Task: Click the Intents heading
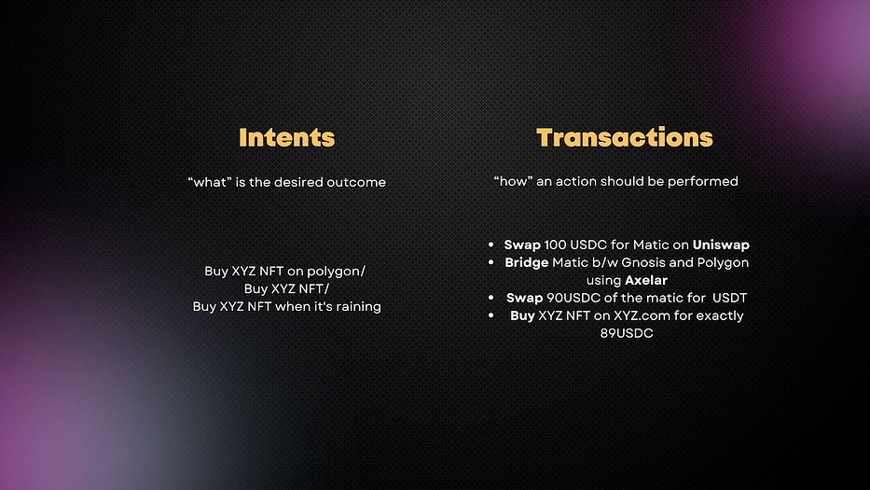(x=287, y=138)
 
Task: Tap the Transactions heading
(x=624, y=138)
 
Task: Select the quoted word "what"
(x=210, y=182)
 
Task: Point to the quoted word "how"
(x=513, y=181)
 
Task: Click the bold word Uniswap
(x=721, y=245)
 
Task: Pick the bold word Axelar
(x=646, y=280)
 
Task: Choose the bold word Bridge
(x=527, y=263)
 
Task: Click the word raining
(x=358, y=307)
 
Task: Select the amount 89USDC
(x=627, y=333)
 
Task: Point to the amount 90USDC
(x=573, y=298)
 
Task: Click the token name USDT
(x=729, y=298)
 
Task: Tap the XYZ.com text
(x=641, y=315)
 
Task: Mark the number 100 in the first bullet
(x=555, y=245)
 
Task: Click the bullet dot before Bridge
(x=491, y=262)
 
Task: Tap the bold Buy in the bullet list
(x=522, y=316)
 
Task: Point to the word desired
(x=298, y=182)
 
